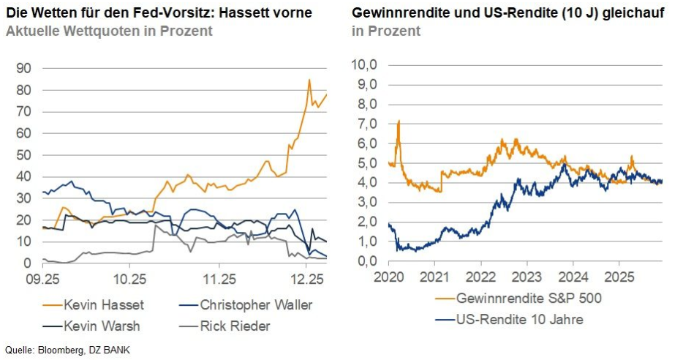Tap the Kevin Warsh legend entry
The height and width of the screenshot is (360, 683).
pyautogui.click(x=91, y=326)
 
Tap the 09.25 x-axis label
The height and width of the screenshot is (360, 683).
pyautogui.click(x=42, y=279)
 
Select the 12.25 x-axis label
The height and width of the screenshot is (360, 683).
pyautogui.click(x=307, y=279)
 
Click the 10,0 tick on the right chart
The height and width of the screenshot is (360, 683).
pyautogui.click(x=364, y=64)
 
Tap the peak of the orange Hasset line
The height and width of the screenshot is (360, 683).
pyautogui.click(x=309, y=80)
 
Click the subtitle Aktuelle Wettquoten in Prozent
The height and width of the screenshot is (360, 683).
pyautogui.click(x=109, y=31)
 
